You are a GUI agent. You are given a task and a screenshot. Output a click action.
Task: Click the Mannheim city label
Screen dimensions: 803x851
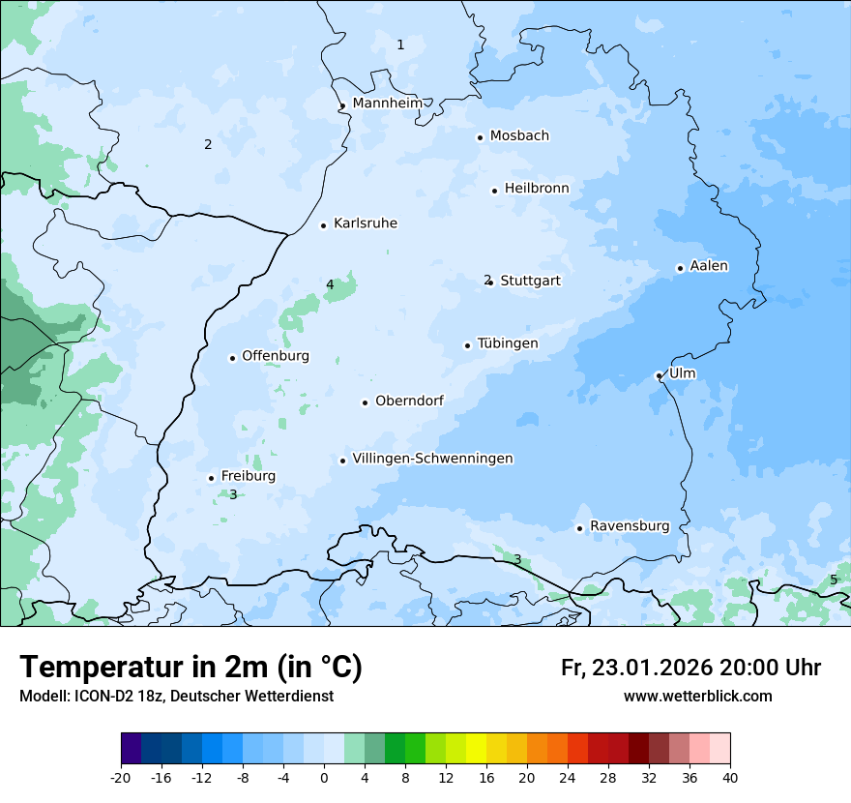click(387, 103)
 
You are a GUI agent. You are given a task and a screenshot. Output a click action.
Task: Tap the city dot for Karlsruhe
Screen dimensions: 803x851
click(324, 225)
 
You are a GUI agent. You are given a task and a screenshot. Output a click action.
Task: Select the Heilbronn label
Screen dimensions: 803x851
click(537, 188)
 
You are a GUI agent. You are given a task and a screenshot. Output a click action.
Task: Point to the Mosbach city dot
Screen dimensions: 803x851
click(480, 137)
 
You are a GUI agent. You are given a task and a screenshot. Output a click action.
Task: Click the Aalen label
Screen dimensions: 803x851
click(709, 266)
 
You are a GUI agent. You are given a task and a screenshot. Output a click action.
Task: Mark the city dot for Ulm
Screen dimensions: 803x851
click(659, 375)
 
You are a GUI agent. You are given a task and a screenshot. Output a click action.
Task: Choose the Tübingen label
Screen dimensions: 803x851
click(507, 343)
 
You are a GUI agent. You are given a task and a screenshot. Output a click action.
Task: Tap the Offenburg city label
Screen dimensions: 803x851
click(276, 356)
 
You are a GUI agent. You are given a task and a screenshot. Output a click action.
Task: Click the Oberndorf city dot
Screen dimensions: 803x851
click(366, 402)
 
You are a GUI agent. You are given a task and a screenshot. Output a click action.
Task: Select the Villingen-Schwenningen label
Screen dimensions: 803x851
click(432, 459)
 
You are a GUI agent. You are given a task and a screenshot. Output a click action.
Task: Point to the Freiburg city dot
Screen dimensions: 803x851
click(211, 478)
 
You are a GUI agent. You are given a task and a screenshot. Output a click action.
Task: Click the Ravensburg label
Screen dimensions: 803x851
click(630, 526)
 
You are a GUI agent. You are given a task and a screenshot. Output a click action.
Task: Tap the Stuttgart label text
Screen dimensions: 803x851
click(530, 281)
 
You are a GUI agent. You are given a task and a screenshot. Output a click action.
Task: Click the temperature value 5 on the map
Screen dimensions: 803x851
click(834, 580)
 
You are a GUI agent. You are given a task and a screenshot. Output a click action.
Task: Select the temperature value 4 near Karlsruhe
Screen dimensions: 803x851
click(330, 284)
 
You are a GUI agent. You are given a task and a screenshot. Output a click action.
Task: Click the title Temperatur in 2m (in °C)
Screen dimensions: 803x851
click(191, 667)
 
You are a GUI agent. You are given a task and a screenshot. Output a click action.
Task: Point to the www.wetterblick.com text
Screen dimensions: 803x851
click(697, 697)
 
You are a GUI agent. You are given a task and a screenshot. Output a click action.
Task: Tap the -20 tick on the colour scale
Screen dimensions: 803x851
click(121, 777)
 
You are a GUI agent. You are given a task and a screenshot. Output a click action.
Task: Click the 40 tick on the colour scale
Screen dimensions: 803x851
click(730, 777)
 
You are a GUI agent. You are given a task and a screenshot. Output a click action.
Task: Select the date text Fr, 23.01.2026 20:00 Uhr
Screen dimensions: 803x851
click(690, 668)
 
